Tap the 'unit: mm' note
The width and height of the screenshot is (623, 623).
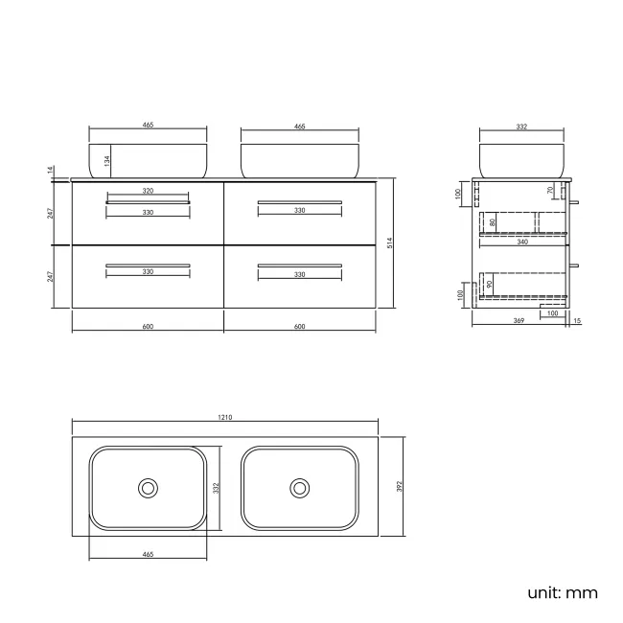(x=562, y=592)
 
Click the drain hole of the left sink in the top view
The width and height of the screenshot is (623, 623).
(x=149, y=488)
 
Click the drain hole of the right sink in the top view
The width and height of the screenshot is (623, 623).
(x=300, y=488)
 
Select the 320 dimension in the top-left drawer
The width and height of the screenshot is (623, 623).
(x=148, y=192)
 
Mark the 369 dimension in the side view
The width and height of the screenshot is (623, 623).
(x=519, y=320)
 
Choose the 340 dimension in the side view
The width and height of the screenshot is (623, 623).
(x=521, y=242)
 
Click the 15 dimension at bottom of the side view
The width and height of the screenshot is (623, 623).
(x=577, y=320)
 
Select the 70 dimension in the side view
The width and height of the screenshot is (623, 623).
(x=549, y=191)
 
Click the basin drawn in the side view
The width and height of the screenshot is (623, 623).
(x=520, y=160)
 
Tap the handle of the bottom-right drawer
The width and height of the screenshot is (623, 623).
(x=299, y=265)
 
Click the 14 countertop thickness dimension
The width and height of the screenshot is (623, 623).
(x=50, y=171)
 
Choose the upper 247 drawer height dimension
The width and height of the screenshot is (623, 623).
(x=50, y=212)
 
